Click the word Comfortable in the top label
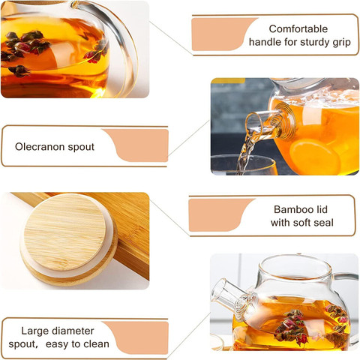coord(298,28)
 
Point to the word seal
coord(323,223)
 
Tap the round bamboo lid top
coord(64,232)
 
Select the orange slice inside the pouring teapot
coord(315,157)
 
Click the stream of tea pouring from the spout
coord(246,152)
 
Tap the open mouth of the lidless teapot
coord(295,265)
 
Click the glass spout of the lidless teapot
coord(231,295)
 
